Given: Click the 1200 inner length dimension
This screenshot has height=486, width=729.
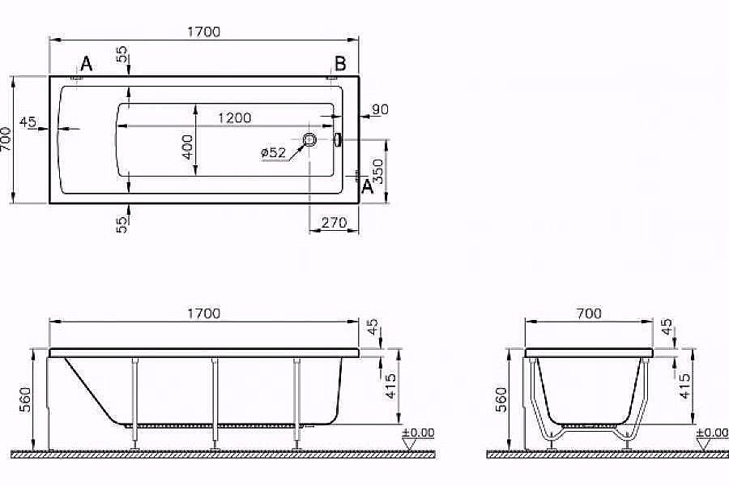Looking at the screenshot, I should tap(234, 117).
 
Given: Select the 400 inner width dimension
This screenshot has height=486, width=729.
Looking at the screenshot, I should tap(188, 147).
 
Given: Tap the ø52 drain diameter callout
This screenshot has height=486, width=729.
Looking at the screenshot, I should tap(273, 152).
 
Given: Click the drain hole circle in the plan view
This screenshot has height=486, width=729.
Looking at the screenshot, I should tap(310, 140).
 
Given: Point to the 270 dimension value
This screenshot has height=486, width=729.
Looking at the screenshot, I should tap(334, 222).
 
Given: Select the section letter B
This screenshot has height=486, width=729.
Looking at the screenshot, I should tap(340, 64).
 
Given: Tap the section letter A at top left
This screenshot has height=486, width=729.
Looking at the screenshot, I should tap(86, 66).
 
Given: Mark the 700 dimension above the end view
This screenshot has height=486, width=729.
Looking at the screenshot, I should tap(589, 313).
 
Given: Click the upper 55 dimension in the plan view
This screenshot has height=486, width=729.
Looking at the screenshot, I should tap(122, 56).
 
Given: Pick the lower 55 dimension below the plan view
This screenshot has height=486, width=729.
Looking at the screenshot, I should tap(122, 224).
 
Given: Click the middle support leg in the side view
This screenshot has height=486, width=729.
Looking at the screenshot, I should tap(215, 401).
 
